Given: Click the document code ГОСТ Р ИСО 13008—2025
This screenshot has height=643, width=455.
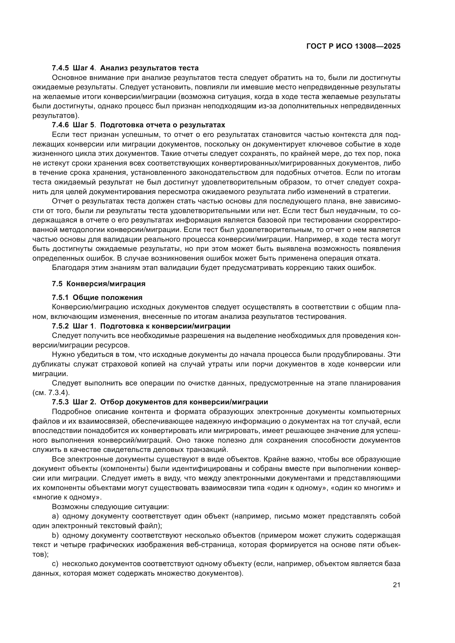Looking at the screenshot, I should click(x=353, y=46).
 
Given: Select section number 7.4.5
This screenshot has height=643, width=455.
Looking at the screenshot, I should click(x=60, y=68).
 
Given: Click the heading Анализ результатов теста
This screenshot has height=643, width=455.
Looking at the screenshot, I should click(x=149, y=68).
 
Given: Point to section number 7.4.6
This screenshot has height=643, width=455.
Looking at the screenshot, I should click(x=60, y=125).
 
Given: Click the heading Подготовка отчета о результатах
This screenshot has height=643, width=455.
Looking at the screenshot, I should click(x=163, y=125).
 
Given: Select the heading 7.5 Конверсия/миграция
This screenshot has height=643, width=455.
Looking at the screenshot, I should click(x=99, y=284).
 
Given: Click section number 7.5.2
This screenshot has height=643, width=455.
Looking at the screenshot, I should click(x=60, y=326).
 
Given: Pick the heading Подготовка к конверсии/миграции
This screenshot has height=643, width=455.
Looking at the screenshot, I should click(x=165, y=326).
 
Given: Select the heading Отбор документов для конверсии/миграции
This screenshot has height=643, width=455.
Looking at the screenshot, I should click(x=184, y=402).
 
